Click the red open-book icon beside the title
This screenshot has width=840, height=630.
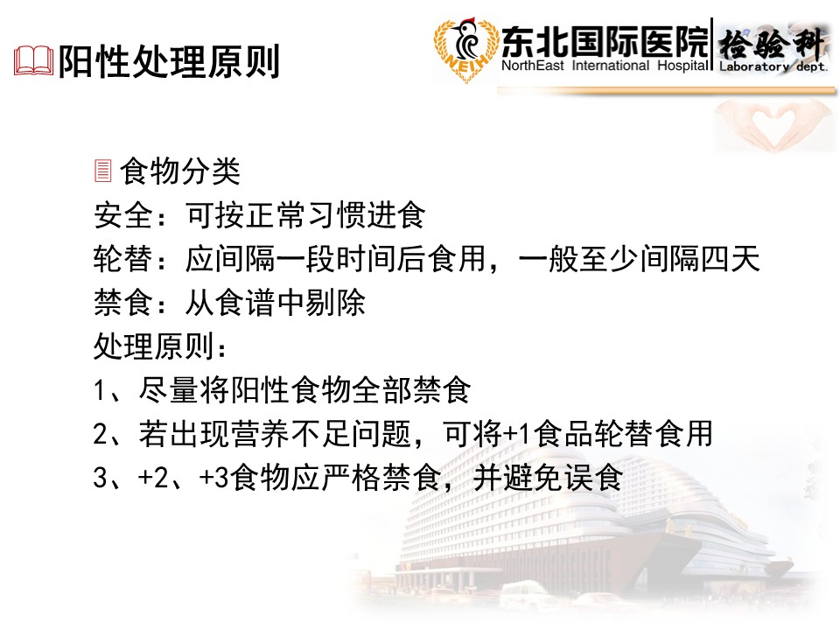[x=33, y=60]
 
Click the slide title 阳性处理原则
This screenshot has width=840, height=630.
[x=169, y=61]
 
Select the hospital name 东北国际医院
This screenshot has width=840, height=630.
[x=605, y=41]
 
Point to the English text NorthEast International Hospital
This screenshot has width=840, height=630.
[x=605, y=66]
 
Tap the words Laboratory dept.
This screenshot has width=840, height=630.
[x=773, y=66]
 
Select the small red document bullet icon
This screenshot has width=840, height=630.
[x=103, y=171]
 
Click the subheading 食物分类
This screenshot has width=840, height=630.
[x=179, y=171]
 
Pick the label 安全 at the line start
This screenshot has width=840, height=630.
[x=123, y=215]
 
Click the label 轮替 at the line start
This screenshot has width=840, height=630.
[x=123, y=259]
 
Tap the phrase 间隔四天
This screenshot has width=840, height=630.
[x=700, y=259]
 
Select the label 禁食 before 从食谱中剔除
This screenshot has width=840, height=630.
[x=123, y=303]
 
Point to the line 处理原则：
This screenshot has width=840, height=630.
[x=160, y=346]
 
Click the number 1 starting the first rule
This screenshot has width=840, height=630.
[x=99, y=390]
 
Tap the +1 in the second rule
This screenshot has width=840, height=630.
[x=517, y=434]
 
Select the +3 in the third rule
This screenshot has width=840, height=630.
[x=214, y=478]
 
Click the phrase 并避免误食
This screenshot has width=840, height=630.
[x=548, y=478]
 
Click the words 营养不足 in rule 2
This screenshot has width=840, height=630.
[x=290, y=433]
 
